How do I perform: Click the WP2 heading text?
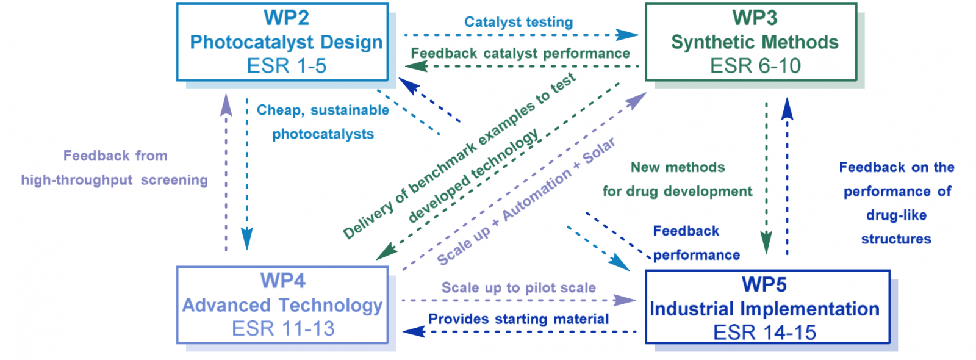[286, 18]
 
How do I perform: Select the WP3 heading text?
[755, 18]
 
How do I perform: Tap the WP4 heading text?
[283, 281]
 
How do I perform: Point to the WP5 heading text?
[764, 284]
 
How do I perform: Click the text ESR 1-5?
[287, 66]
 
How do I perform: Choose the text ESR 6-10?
[756, 66]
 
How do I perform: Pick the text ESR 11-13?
[283, 329]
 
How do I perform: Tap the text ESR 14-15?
[765, 333]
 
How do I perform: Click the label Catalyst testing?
[518, 22]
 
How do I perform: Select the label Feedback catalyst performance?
[521, 53]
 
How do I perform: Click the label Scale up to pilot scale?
[518, 287]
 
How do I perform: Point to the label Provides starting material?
[518, 319]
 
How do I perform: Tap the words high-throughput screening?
[115, 180]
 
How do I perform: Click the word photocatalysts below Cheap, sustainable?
[323, 134]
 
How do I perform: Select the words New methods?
[678, 167]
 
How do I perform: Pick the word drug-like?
[896, 215]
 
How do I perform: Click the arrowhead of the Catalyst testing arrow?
[628, 35]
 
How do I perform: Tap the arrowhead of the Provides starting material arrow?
[413, 332]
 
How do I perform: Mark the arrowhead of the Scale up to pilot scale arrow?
[625, 300]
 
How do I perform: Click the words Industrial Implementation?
[765, 309]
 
